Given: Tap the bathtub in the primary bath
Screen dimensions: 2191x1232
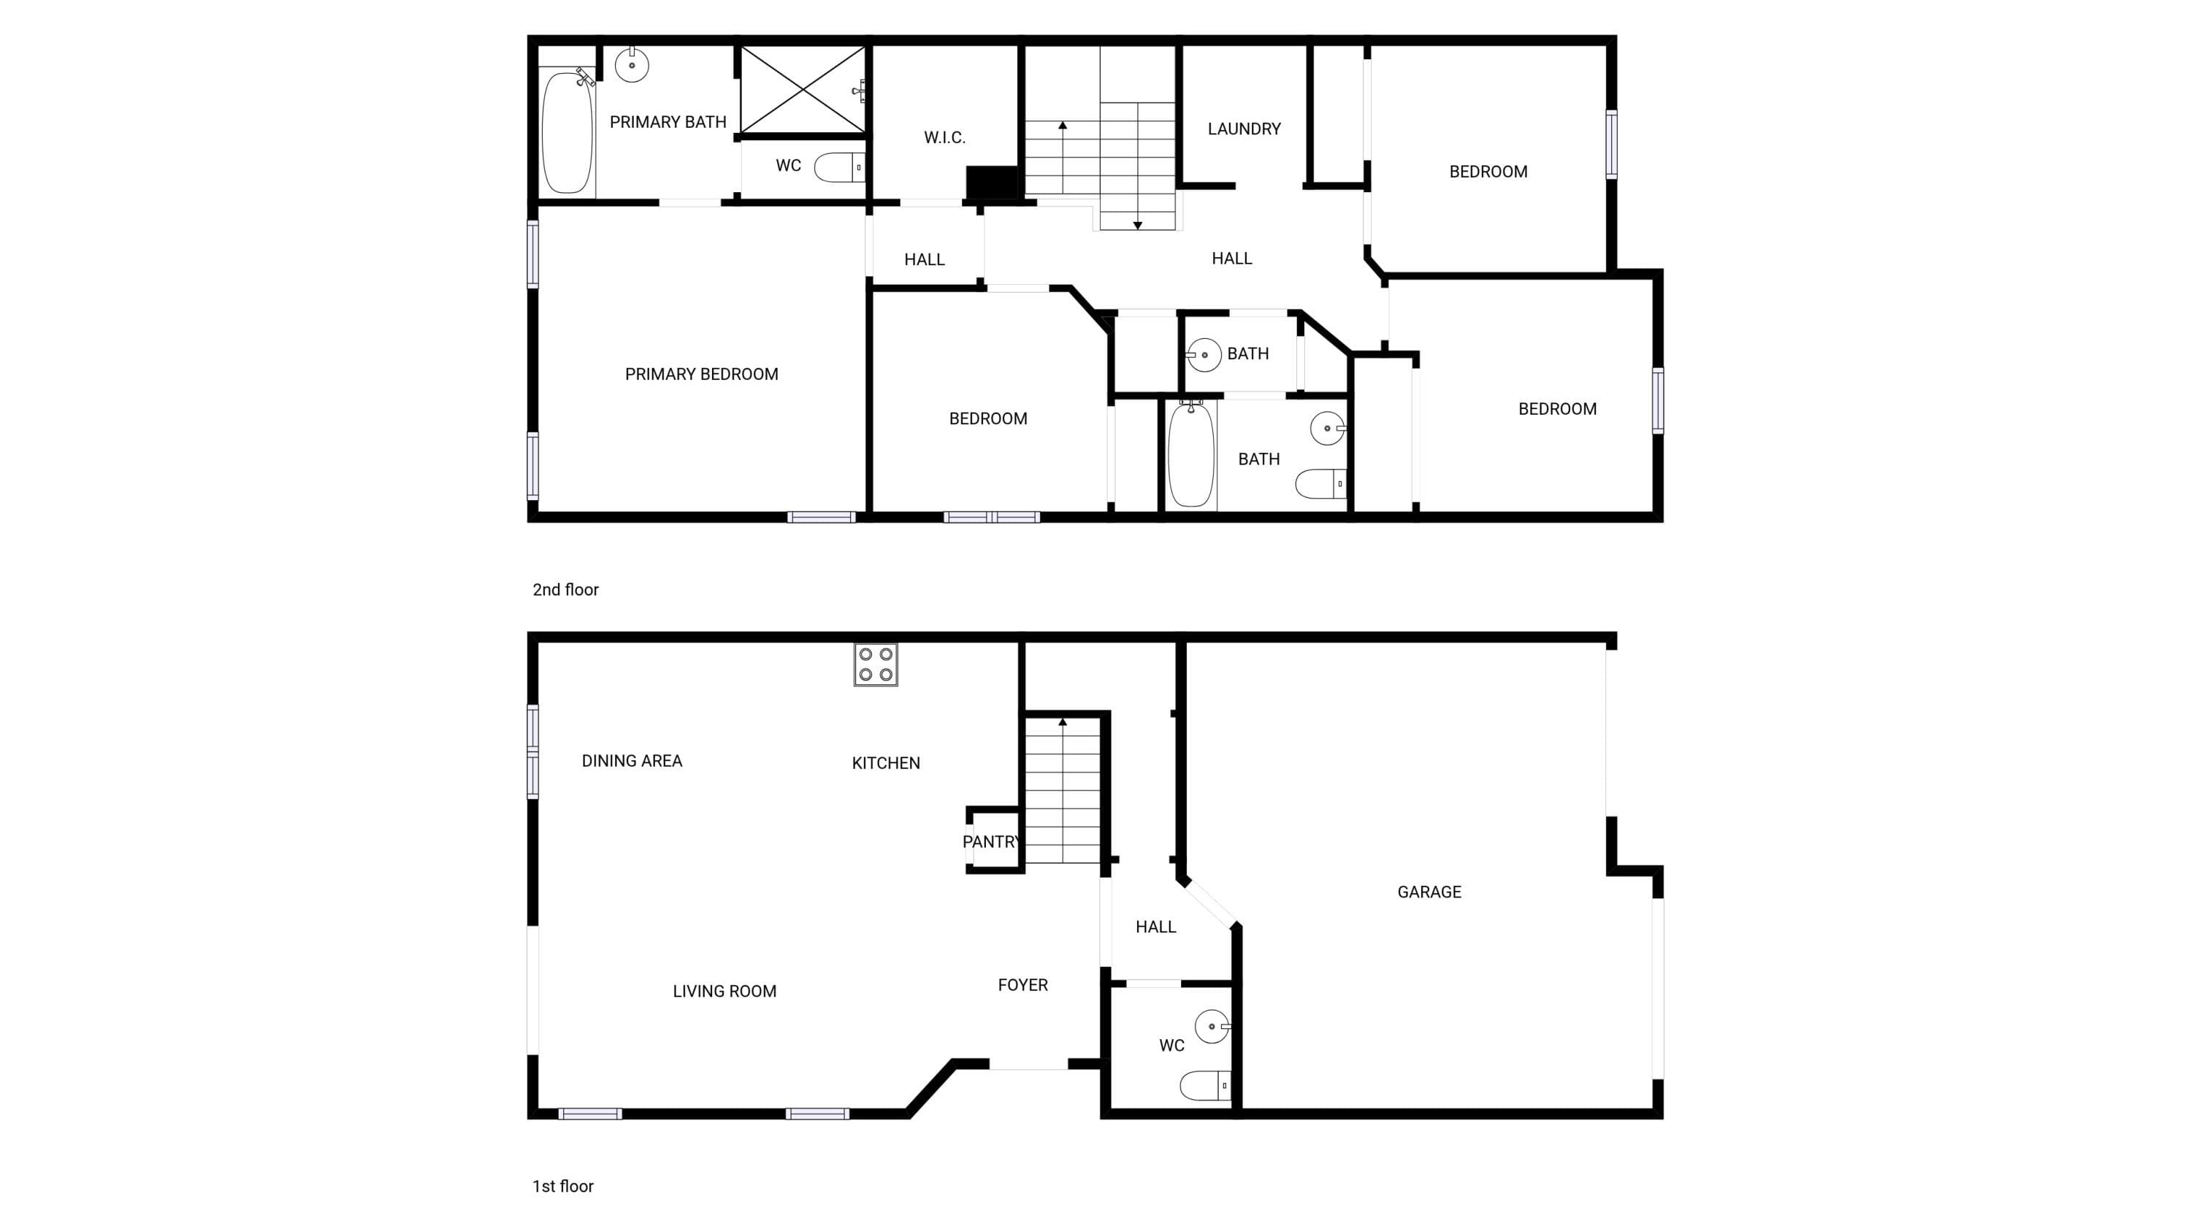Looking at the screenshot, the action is (567, 133).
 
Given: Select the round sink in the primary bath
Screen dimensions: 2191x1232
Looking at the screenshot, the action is (632, 64).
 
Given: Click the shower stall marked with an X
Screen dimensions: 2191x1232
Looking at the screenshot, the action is (803, 90).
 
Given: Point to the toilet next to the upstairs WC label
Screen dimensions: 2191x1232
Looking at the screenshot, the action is (839, 167).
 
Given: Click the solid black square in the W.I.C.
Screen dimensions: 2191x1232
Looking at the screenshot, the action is (992, 183).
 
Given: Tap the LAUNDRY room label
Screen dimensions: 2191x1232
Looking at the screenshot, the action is (1244, 129).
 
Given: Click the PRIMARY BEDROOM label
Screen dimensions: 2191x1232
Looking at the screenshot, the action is (702, 374).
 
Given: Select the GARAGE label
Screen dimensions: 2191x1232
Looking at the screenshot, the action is (1429, 892).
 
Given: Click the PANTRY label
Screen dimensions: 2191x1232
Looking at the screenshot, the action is (991, 842).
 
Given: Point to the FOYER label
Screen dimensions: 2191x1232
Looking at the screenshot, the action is (1022, 984).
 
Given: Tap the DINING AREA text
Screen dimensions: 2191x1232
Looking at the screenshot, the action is (632, 761).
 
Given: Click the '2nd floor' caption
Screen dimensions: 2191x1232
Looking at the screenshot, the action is (565, 589).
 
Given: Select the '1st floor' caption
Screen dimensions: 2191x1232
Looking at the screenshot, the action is (563, 1186).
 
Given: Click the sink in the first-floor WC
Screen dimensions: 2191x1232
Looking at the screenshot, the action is (1212, 1026).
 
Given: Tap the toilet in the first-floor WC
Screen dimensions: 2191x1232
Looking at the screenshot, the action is (1205, 1086).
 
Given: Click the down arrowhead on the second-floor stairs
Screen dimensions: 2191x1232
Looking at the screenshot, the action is (1137, 226).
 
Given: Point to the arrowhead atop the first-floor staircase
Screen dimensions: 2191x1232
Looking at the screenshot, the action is (1063, 722).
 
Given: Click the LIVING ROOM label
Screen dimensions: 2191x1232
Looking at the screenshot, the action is (724, 992).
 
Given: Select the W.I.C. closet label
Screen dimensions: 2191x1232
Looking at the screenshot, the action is (945, 138).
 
